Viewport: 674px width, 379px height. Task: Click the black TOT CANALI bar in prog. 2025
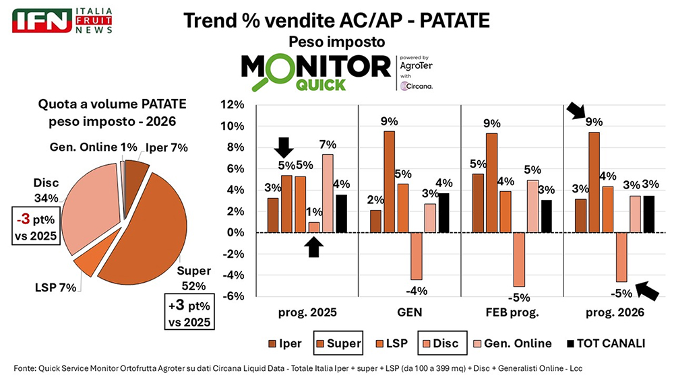(x=342, y=213)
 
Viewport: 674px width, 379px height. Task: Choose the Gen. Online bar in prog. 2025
(x=328, y=193)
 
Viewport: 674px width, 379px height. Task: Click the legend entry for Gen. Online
(x=513, y=343)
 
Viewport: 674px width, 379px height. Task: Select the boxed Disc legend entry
(x=439, y=343)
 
